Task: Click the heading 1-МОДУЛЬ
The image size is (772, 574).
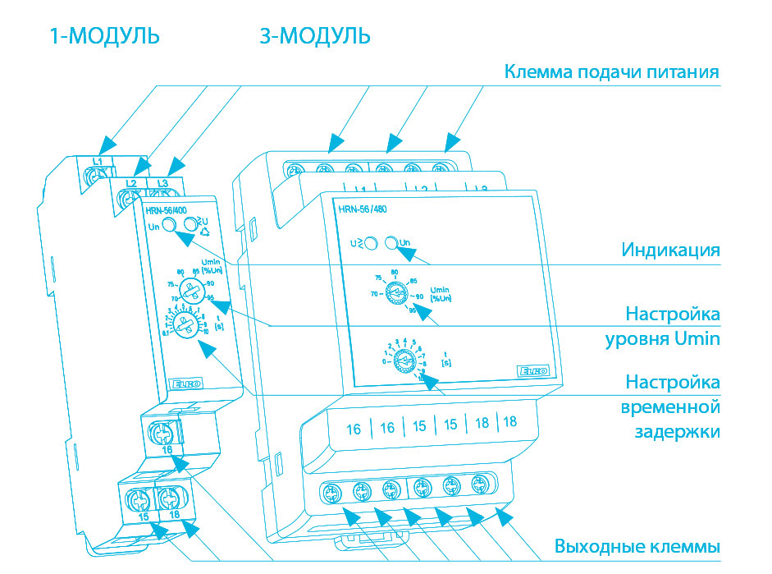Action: point(104,37)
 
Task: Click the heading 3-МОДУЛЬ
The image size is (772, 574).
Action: point(315,37)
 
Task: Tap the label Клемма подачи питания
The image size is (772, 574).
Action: point(611,72)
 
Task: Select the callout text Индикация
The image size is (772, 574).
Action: point(670,250)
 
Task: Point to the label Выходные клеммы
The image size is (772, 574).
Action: point(637,546)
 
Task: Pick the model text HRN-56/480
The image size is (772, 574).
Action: point(362,209)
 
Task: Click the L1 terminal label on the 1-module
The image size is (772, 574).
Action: point(97,162)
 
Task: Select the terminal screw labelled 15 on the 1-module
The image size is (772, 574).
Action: point(138,497)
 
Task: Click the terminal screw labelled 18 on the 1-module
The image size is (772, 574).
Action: point(169,497)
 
